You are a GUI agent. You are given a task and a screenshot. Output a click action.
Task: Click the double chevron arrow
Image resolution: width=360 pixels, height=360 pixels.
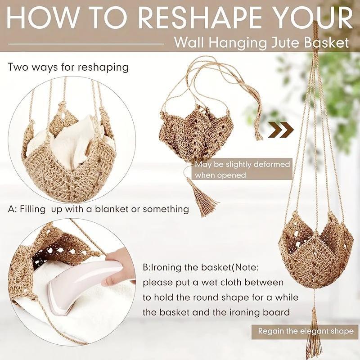coord(281,130)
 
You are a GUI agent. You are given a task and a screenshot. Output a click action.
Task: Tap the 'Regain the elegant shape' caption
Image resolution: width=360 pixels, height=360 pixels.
coord(306,331)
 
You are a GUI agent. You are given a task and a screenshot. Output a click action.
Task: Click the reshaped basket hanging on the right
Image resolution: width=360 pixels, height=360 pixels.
coord(315,252)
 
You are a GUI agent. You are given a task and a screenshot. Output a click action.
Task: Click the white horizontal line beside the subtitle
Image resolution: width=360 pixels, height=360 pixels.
coord(85,44)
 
